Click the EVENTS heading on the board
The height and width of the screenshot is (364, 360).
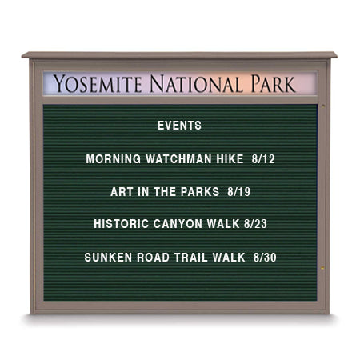179,126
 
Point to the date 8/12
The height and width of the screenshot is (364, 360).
262,159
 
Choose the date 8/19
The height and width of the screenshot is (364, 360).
239,192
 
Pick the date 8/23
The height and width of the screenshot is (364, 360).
252,224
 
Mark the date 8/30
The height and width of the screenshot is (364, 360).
265,258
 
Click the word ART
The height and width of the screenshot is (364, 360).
122,192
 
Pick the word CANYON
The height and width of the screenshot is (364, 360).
178,224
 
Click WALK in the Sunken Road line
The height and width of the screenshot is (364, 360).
230,258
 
